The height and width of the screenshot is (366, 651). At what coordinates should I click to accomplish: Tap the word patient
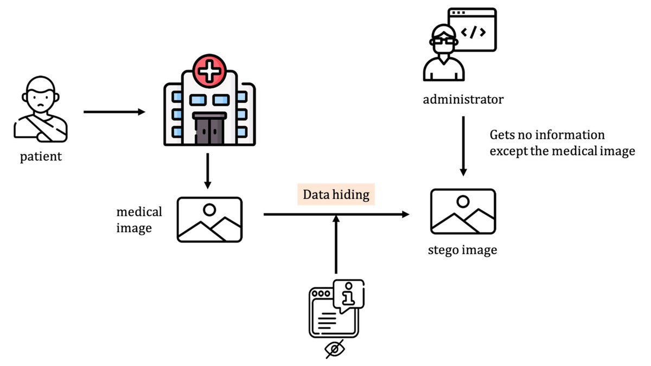pyautogui.click(x=41, y=157)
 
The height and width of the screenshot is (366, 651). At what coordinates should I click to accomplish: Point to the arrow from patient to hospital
pyautogui.click(x=114, y=112)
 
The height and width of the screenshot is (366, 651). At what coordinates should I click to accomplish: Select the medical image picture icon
pyautogui.click(x=209, y=220)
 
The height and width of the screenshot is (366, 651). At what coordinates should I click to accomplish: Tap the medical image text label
pyautogui.click(x=139, y=220)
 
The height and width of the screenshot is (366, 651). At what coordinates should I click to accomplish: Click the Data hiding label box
pyautogui.click(x=336, y=195)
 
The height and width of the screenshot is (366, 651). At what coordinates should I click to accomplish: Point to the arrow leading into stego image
pyautogui.click(x=336, y=215)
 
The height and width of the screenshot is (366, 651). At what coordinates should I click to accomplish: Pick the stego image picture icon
pyautogui.click(x=463, y=211)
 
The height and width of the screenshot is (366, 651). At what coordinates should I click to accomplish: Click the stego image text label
pyautogui.click(x=462, y=250)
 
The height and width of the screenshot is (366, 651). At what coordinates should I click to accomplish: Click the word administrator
pyautogui.click(x=463, y=100)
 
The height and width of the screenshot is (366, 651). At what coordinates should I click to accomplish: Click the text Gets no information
pyautogui.click(x=547, y=134)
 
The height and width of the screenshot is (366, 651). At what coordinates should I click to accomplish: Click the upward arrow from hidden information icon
pyautogui.click(x=336, y=244)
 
